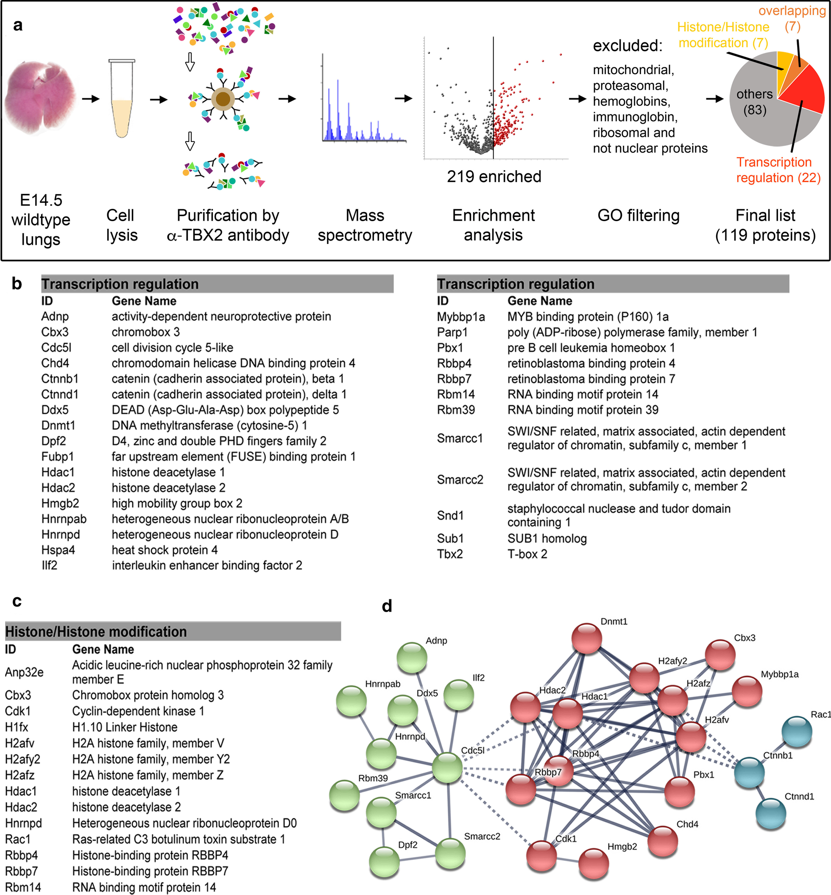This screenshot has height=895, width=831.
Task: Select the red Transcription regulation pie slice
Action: click(803, 90)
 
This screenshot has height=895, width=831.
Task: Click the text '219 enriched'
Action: click(494, 177)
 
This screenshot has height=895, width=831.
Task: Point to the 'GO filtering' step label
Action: click(638, 216)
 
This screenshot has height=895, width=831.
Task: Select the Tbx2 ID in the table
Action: click(450, 554)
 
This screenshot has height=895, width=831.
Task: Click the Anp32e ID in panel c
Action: click(24, 672)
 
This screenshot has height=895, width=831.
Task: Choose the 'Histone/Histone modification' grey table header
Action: click(173, 631)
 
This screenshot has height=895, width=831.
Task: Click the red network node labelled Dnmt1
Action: click(587, 638)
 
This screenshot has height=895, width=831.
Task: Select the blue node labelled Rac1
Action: click(797, 732)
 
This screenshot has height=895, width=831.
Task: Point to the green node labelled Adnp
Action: click(412, 658)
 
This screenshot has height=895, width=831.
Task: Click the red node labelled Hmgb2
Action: click(594, 863)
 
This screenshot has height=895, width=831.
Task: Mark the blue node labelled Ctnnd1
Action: click(770, 813)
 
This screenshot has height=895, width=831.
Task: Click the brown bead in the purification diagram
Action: click(223, 99)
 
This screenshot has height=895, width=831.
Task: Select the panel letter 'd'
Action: click(387, 606)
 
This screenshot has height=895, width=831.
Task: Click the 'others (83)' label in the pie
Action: click(755, 102)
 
